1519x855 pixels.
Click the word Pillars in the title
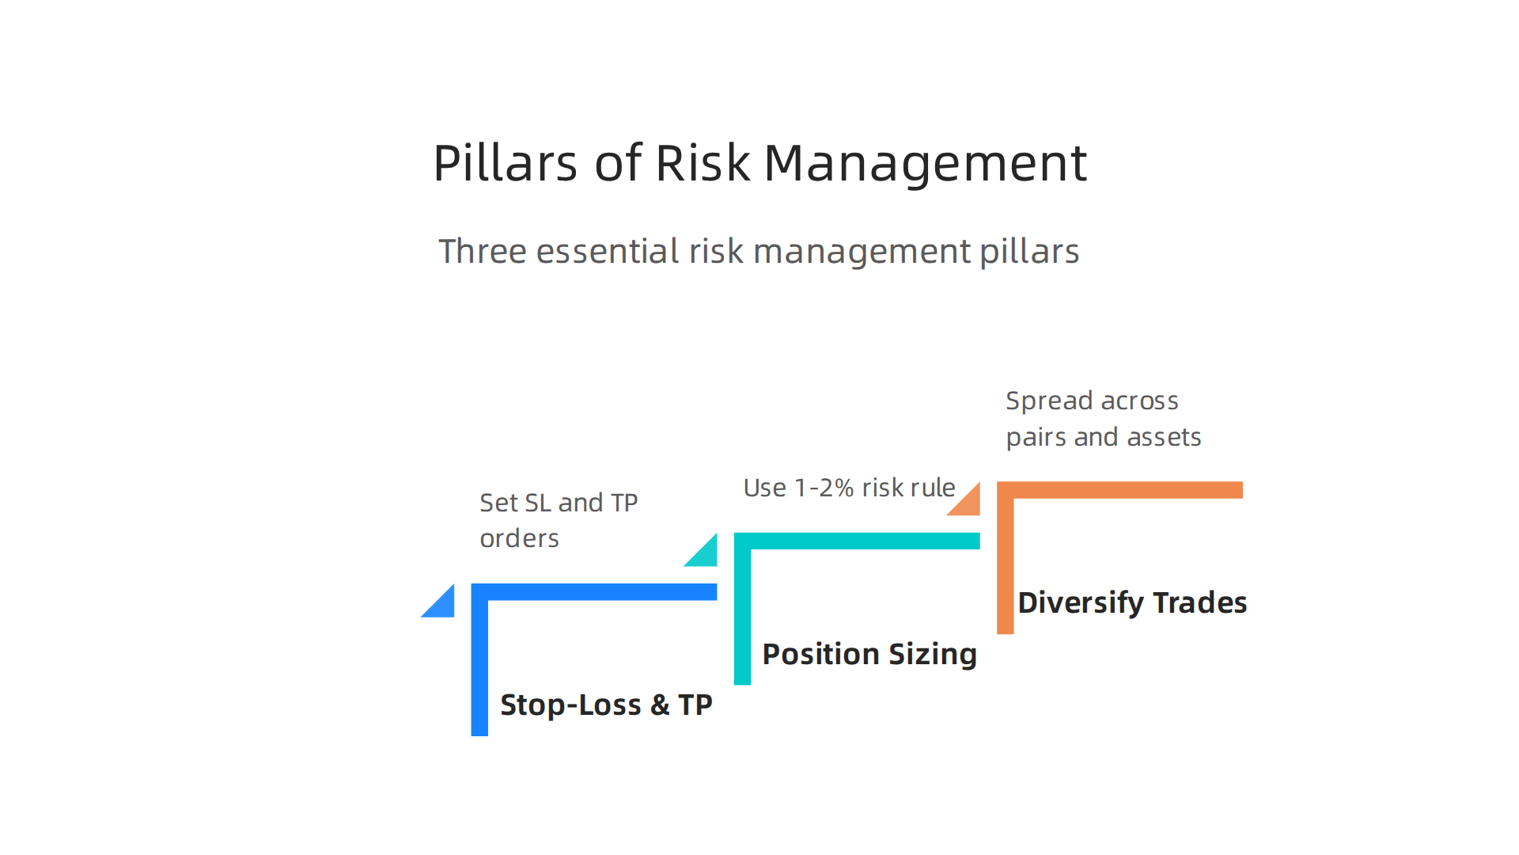tap(505, 164)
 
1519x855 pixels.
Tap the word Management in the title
tap(925, 164)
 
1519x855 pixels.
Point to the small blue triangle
tap(442, 606)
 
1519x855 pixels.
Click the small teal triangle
tap(705, 554)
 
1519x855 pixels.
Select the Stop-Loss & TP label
tap(606, 705)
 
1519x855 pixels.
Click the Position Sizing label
tap(869, 654)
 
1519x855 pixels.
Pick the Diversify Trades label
tap(1131, 602)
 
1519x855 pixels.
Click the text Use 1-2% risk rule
tap(849, 488)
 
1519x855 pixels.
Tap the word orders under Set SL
tap(519, 538)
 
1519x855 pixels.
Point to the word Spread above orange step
tap(1048, 401)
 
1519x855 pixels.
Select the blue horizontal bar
tap(601, 592)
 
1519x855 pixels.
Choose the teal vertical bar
tap(742, 617)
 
